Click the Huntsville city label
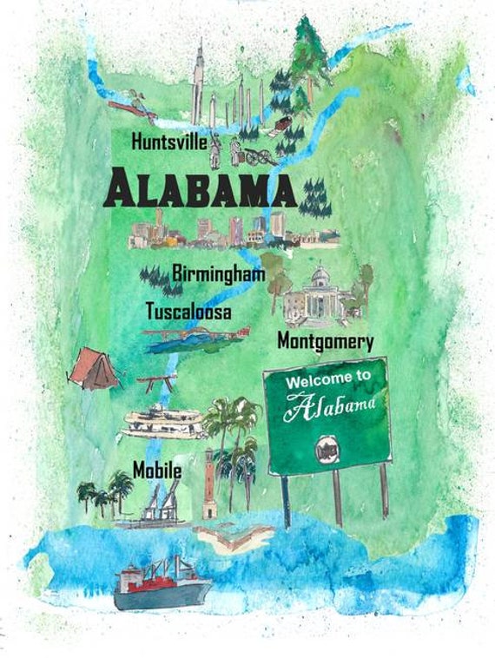coord(168,141)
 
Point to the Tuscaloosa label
coord(188,310)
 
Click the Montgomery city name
coord(325,341)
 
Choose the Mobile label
coord(156,470)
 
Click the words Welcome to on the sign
coord(322,379)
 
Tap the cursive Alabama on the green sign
coord(333,405)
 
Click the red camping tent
coord(94,368)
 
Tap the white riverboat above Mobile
coord(163,422)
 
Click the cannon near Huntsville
coord(258,156)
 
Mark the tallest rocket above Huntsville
coord(198,82)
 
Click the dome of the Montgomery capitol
coord(320,275)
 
